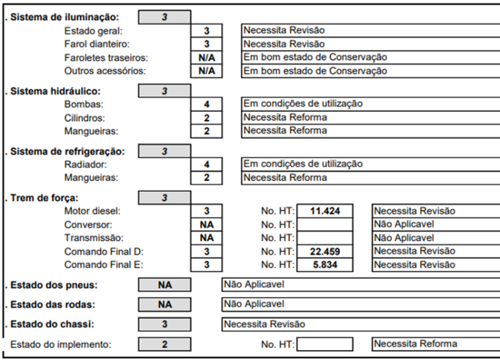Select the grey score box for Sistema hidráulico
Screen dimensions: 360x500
pos(164,91)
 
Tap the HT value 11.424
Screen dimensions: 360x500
pos(324,211)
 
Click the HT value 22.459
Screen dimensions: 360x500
pos(324,251)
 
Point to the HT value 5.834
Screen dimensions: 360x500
pos(324,264)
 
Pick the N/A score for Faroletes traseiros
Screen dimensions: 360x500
pos(206,57)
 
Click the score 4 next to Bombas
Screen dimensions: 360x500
pos(206,104)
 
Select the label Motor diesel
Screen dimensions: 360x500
pos(93,211)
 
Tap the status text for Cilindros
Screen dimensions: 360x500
pos(285,117)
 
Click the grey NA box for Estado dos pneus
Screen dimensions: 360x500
pos(164,286)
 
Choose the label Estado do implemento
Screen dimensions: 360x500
pos(61,344)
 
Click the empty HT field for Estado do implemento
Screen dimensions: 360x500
pos(324,344)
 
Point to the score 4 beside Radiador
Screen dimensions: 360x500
pos(206,164)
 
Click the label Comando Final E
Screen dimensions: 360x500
pos(102,264)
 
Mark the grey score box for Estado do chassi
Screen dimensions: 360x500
pos(164,325)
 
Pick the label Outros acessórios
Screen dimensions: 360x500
pos(105,71)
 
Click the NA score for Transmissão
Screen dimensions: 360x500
pos(206,237)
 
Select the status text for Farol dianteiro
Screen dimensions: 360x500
pos(284,44)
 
